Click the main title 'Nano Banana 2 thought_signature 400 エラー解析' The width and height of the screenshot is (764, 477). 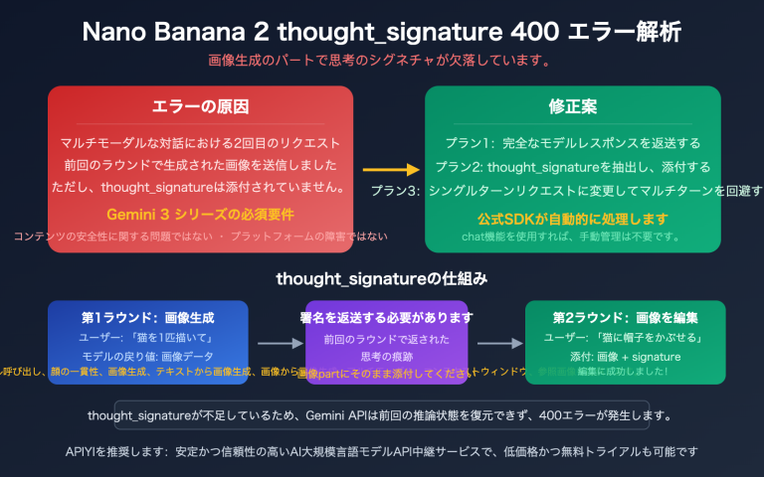point(382,31)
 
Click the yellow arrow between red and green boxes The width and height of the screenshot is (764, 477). point(388,169)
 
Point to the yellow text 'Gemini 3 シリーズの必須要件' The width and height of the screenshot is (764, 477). point(199,215)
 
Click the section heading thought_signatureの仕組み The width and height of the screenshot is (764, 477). point(382,279)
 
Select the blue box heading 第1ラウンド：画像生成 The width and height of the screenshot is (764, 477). point(148,317)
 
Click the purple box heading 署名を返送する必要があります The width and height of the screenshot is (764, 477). point(386,318)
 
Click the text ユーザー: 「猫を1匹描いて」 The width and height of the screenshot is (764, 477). point(148,337)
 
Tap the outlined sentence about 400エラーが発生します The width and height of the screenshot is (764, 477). point(382,414)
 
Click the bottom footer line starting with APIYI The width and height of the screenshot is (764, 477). point(382,451)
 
